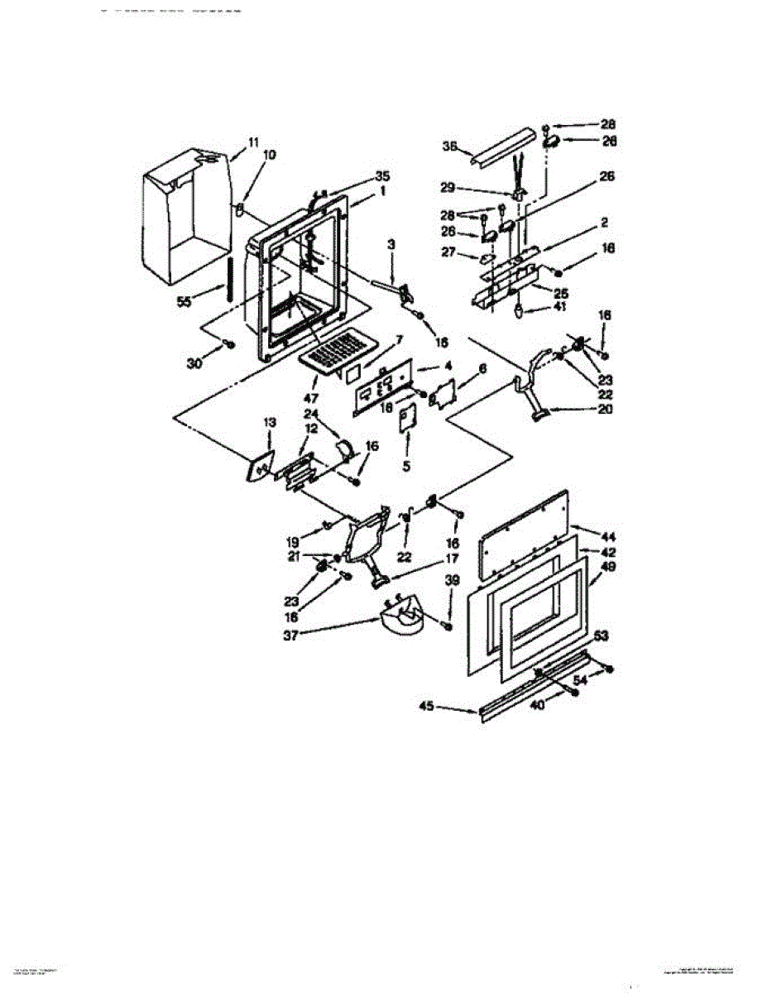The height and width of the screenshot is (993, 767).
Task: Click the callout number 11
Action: (253, 142)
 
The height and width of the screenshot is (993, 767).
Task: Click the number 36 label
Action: (450, 146)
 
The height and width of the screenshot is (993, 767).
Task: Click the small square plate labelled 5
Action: (408, 420)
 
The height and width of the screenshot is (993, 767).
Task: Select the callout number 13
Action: (268, 423)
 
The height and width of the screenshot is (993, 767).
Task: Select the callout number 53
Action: (602, 636)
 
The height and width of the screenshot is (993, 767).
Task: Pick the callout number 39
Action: (450, 583)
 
